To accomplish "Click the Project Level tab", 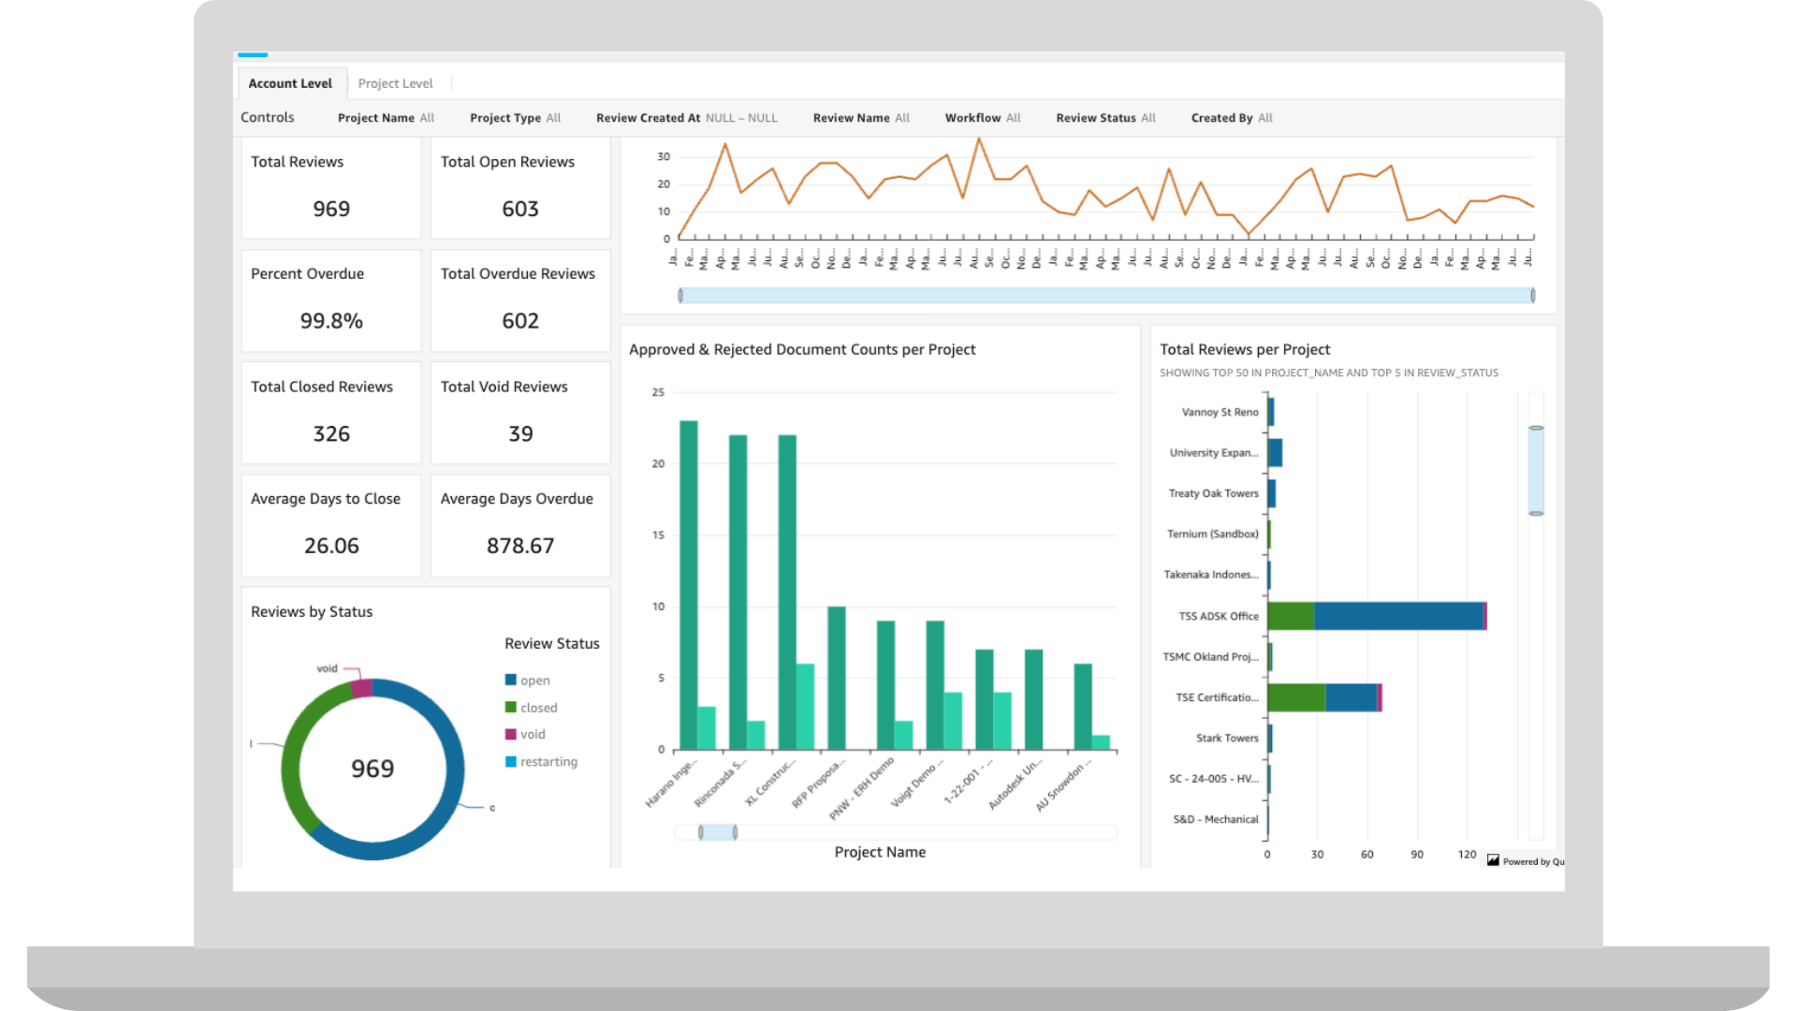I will point(395,83).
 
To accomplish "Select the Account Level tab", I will point(290,83).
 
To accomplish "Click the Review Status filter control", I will point(1105,118).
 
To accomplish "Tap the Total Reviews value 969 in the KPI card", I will point(331,209).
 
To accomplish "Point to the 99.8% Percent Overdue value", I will point(331,321).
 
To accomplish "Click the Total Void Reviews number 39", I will point(520,433).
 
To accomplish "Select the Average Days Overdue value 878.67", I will point(520,546).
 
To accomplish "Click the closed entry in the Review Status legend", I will point(538,708).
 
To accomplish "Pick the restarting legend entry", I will point(548,762).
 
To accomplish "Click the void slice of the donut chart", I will point(361,689).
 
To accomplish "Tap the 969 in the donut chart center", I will point(373,769).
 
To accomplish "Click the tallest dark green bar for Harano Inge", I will point(689,585).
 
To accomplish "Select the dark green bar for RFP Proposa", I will point(837,678).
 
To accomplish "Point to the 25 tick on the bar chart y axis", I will point(658,392).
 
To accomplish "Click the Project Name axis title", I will point(880,852).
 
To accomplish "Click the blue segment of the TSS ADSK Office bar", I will point(1398,616).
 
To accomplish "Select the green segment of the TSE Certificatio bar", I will point(1296,697).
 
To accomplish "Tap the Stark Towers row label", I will point(1227,739).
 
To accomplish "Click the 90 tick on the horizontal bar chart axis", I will point(1417,855).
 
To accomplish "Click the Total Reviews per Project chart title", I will point(1245,349).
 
